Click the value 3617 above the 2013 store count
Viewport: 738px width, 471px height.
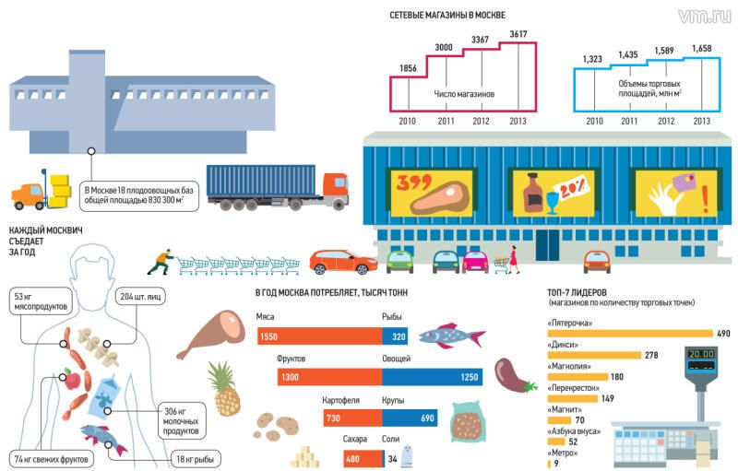pos(518,35)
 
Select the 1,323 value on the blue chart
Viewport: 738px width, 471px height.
pos(593,59)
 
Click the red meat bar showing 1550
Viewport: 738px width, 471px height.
pos(317,337)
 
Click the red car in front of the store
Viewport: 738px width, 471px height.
pos(341,263)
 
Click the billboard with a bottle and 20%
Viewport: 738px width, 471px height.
pos(553,193)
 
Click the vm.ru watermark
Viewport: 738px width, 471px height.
pos(704,16)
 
